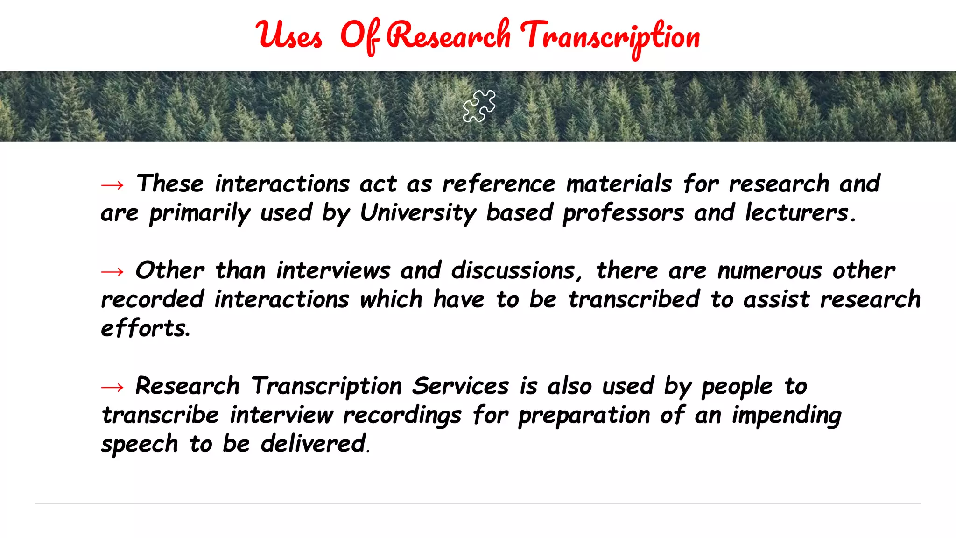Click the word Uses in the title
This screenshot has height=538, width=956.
[289, 36]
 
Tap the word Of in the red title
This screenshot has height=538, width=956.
[360, 36]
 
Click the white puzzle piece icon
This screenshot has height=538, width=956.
[479, 106]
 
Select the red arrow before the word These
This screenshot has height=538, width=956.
[112, 185]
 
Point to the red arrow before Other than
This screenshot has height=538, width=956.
[112, 271]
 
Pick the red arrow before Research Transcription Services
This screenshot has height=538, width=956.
[112, 387]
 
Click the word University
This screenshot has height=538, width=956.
[418, 213]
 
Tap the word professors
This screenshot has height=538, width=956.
[623, 213]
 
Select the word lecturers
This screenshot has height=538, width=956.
[800, 213]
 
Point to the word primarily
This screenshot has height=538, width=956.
[200, 213]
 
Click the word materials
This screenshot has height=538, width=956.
[619, 184]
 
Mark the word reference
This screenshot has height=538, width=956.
[499, 184]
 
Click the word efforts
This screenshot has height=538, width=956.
[145, 328]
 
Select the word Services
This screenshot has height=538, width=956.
[460, 386]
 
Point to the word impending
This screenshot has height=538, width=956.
[787, 416]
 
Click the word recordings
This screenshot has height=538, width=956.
[402, 416]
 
